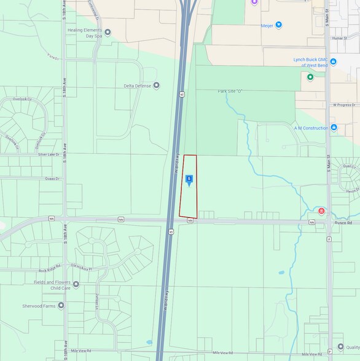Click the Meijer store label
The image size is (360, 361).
point(266,25)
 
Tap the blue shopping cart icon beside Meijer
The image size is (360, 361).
point(279,25)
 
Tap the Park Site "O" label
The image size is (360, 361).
point(230,91)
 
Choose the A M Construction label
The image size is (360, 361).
point(311,128)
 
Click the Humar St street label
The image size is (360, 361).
point(339,38)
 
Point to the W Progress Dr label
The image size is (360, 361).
point(345,105)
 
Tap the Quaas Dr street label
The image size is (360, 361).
point(52,179)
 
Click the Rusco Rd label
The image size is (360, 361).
point(344,222)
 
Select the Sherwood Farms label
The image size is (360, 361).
point(41,305)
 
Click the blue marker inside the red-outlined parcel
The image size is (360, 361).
point(189,179)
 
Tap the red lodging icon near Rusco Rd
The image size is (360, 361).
point(321,211)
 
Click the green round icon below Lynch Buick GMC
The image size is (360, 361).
point(310,77)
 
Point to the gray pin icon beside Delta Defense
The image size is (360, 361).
point(156,85)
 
